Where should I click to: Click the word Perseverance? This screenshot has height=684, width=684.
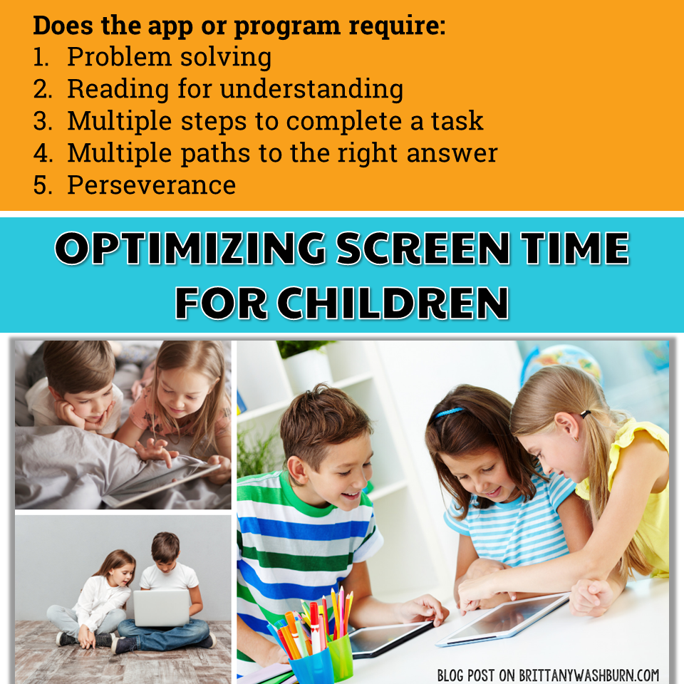tap(151, 185)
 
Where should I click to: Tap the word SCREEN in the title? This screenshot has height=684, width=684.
tap(423, 248)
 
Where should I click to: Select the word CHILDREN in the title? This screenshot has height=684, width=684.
tap(393, 304)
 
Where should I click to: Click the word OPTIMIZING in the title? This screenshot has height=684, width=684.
tap(190, 248)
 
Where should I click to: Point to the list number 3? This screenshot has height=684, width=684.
tap(42, 121)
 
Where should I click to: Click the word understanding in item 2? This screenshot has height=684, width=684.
tap(311, 90)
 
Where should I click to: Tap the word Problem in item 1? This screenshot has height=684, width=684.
tap(119, 57)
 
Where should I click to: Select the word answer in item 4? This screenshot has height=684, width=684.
tap(452, 154)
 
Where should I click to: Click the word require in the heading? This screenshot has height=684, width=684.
tap(397, 26)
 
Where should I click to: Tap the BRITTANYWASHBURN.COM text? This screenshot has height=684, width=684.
tap(589, 675)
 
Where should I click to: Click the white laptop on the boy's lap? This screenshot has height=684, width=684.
tap(162, 608)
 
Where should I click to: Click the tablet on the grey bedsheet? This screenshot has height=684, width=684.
tap(162, 484)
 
